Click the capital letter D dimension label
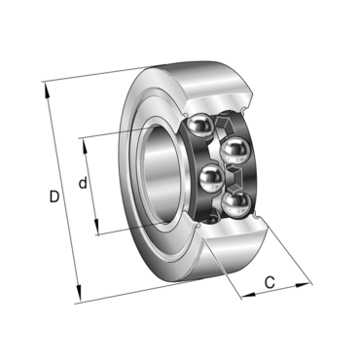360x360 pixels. (54, 198)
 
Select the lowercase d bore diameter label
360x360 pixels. (84, 182)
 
